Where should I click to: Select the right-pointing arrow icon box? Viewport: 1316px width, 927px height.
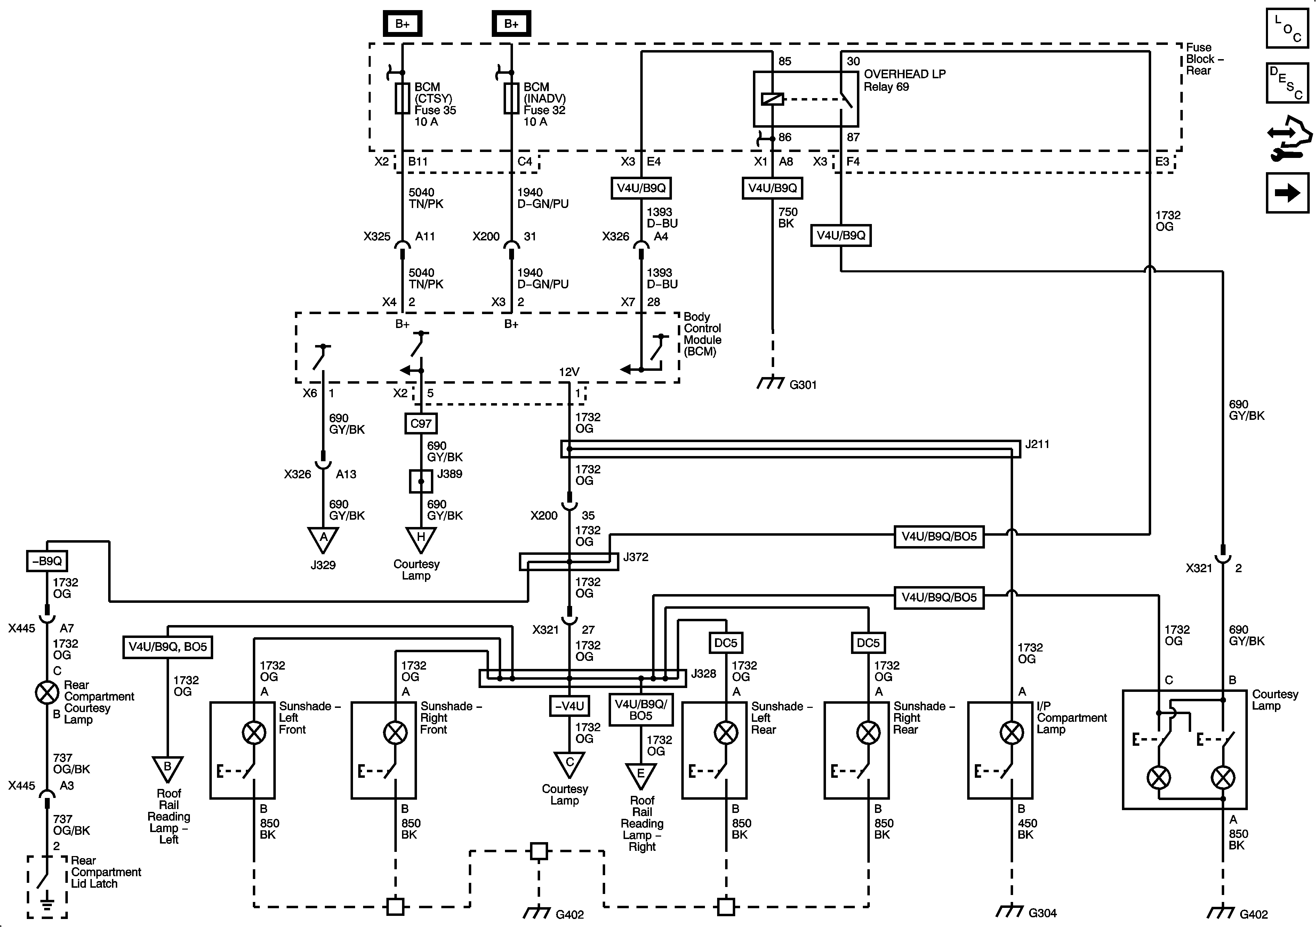tap(1287, 193)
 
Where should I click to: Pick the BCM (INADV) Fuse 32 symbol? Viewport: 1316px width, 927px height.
tap(511, 98)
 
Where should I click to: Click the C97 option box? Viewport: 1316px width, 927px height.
tap(421, 424)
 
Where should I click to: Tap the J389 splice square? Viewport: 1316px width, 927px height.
tap(421, 481)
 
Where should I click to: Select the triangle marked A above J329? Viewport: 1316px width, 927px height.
tap(323, 539)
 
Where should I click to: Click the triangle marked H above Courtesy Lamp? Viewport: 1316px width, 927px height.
tap(421, 539)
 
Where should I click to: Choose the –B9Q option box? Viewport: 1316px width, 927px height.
tap(47, 561)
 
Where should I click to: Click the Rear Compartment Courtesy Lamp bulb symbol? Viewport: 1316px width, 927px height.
tap(47, 693)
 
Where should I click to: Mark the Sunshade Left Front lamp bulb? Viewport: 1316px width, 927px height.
tap(254, 733)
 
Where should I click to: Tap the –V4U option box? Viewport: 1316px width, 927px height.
tap(569, 706)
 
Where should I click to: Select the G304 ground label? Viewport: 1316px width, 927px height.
tap(1042, 913)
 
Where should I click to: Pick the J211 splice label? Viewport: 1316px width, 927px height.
tap(1037, 444)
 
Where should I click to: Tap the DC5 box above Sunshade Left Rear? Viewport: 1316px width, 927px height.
tap(725, 643)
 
